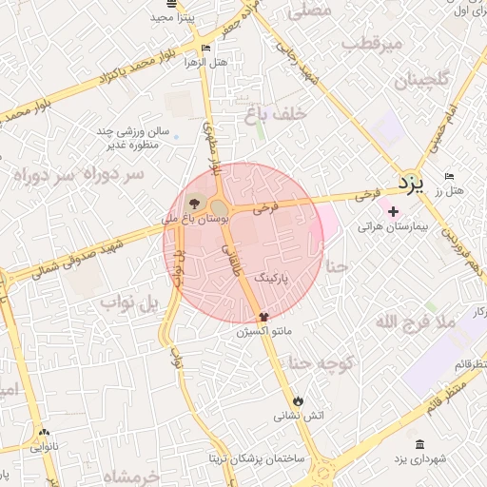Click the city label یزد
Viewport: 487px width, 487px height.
click(410, 181)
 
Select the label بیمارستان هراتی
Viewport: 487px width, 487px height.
click(394, 227)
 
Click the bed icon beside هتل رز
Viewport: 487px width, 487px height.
click(450, 177)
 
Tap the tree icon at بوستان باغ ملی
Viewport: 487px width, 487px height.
click(195, 203)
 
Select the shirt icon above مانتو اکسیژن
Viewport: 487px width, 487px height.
click(264, 317)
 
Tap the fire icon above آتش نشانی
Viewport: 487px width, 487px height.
click(300, 399)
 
